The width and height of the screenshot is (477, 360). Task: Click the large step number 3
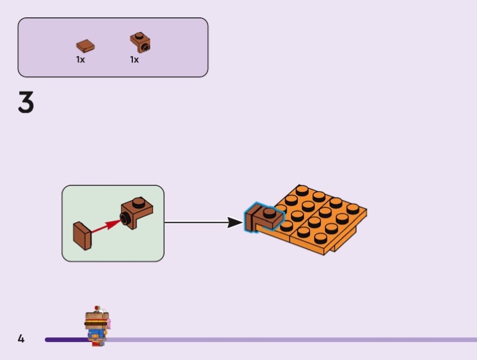click(x=26, y=103)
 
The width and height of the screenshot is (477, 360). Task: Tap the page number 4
click(x=21, y=339)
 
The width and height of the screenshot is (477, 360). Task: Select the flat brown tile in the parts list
click(x=85, y=45)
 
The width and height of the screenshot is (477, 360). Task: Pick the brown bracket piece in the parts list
click(x=140, y=42)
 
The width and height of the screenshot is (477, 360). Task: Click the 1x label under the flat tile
click(x=80, y=60)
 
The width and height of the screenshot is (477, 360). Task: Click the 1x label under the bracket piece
click(x=135, y=60)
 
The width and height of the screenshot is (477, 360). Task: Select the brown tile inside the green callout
click(x=82, y=235)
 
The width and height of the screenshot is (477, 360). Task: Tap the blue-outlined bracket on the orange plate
click(x=262, y=217)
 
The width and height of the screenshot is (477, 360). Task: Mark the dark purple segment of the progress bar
click(x=66, y=340)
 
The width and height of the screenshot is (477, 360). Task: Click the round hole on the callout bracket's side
click(x=126, y=219)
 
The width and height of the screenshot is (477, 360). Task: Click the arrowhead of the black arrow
click(x=237, y=223)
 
